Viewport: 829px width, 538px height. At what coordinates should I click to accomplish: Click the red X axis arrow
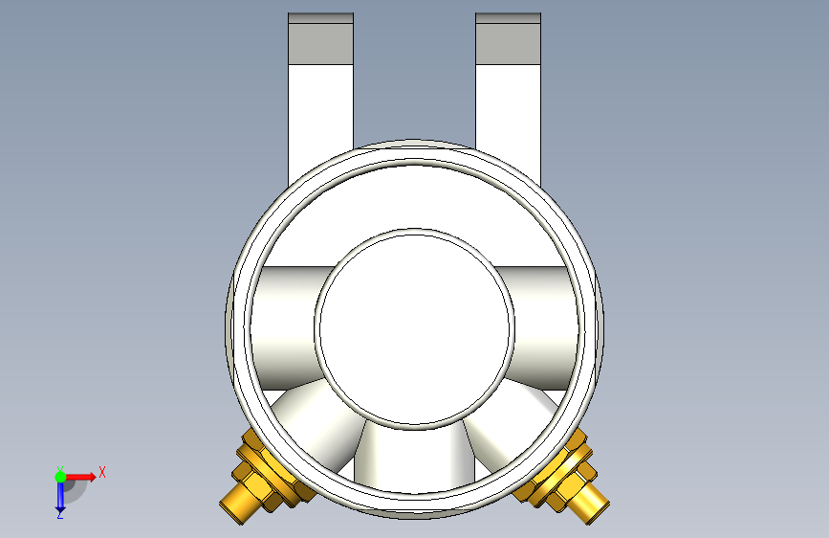pyautogui.click(x=83, y=476)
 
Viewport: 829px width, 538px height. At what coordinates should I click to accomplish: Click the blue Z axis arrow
pyautogui.click(x=60, y=497)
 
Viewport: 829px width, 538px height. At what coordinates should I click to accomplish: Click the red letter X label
pyautogui.click(x=101, y=472)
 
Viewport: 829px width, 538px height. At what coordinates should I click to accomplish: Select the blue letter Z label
pyautogui.click(x=59, y=515)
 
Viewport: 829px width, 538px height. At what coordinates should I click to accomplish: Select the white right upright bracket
pyautogui.click(x=508, y=105)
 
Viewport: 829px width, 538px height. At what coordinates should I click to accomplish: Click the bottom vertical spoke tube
pyautogui.click(x=414, y=455)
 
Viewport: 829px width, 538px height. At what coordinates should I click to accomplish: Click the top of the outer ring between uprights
pyautogui.click(x=414, y=149)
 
